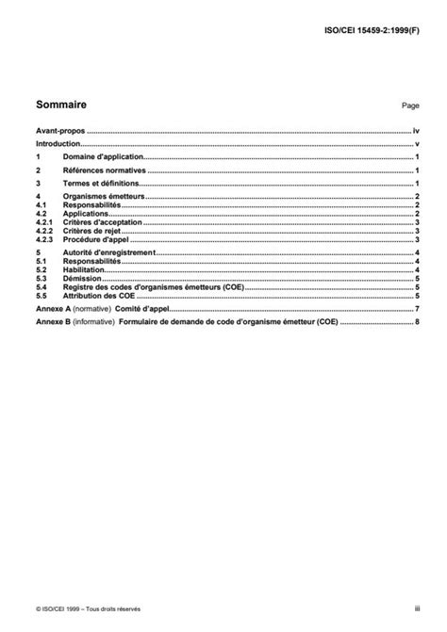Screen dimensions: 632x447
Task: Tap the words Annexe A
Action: coord(52,310)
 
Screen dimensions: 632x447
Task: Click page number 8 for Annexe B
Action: coord(416,322)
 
